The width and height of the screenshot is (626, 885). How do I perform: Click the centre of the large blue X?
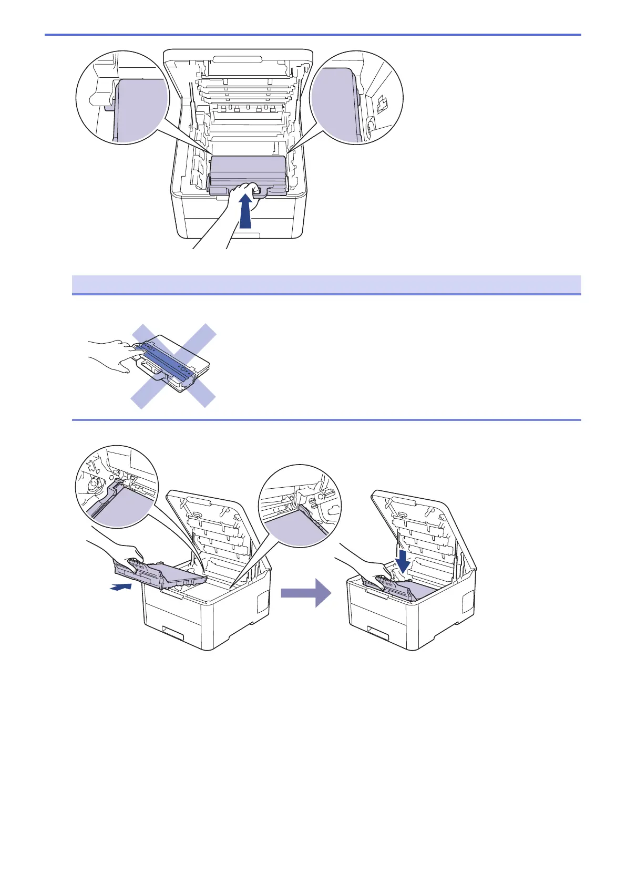173,366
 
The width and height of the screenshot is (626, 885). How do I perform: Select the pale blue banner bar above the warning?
326,284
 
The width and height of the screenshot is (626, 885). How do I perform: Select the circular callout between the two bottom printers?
300,506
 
